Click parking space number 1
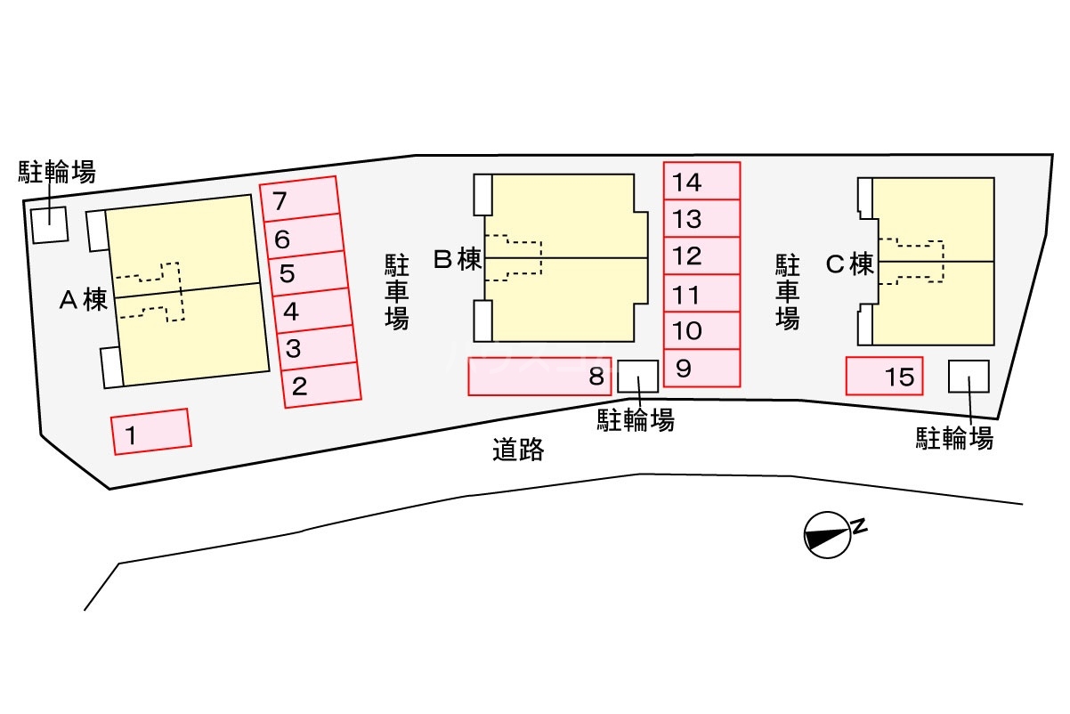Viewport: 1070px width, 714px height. (x=151, y=432)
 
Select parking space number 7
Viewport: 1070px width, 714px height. (x=299, y=199)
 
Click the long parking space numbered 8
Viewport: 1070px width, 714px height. (x=539, y=377)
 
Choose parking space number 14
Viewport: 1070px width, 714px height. (x=701, y=182)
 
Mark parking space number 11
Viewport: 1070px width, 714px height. (x=701, y=294)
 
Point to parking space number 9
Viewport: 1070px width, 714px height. (x=701, y=369)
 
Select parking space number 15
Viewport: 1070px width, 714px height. (x=884, y=377)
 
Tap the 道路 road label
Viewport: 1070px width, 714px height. (x=518, y=450)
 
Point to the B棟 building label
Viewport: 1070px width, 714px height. (x=458, y=260)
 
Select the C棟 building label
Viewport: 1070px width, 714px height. (x=850, y=264)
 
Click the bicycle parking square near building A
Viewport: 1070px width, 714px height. (x=50, y=223)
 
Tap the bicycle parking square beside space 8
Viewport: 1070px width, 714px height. (x=637, y=376)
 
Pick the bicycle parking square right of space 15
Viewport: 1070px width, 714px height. (x=969, y=377)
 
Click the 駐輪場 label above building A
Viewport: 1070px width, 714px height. (x=57, y=172)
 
